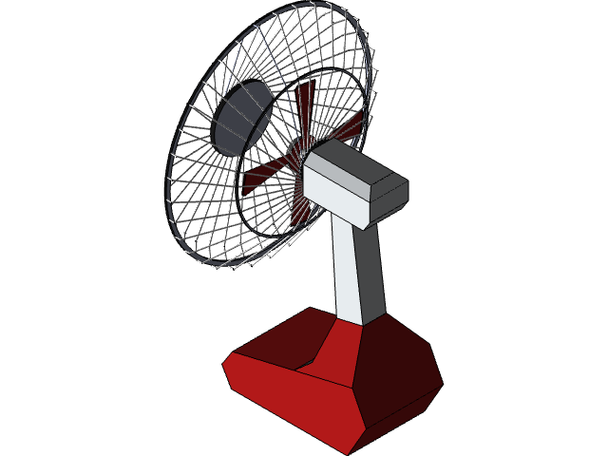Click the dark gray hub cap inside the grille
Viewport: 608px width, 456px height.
click(243, 117)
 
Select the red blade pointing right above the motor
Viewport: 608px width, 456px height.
click(348, 128)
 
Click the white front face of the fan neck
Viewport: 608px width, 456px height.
click(348, 271)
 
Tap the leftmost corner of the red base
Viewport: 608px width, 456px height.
click(224, 360)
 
